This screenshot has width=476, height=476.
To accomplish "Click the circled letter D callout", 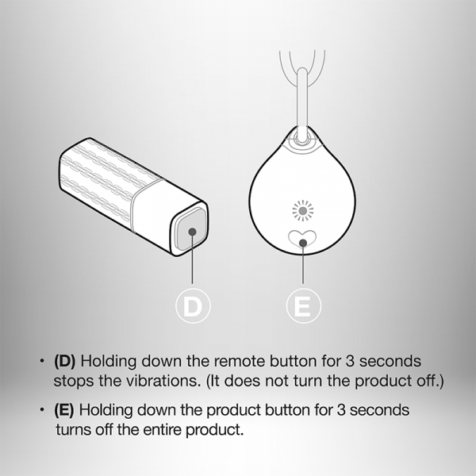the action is [193, 305].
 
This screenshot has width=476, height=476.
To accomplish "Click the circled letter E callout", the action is [303, 305].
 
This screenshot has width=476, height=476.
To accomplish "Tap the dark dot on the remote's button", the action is [192, 232].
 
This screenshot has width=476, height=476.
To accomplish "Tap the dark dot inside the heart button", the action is [303, 243].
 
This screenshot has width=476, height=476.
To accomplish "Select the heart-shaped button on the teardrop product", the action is [302, 238].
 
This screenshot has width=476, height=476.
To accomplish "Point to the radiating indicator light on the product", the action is [303, 211].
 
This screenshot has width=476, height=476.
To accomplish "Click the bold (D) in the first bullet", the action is [65, 361].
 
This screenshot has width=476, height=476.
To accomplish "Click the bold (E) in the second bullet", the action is [64, 410].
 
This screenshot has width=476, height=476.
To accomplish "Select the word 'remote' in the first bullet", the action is [240, 362].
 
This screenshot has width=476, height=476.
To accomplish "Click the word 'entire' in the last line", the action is [163, 429].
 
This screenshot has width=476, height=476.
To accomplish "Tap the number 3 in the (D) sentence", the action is [350, 361].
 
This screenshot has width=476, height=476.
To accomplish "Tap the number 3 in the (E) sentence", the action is [341, 410].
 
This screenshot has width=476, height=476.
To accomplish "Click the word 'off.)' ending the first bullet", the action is [430, 381].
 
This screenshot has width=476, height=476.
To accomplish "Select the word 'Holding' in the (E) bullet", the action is [106, 411].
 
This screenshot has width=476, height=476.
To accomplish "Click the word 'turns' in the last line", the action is [74, 430].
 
